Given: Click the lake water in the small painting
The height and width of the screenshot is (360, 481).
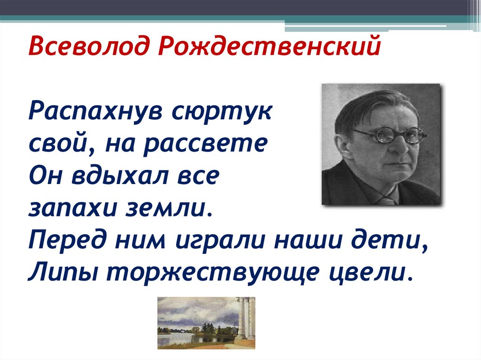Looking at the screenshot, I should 183,339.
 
